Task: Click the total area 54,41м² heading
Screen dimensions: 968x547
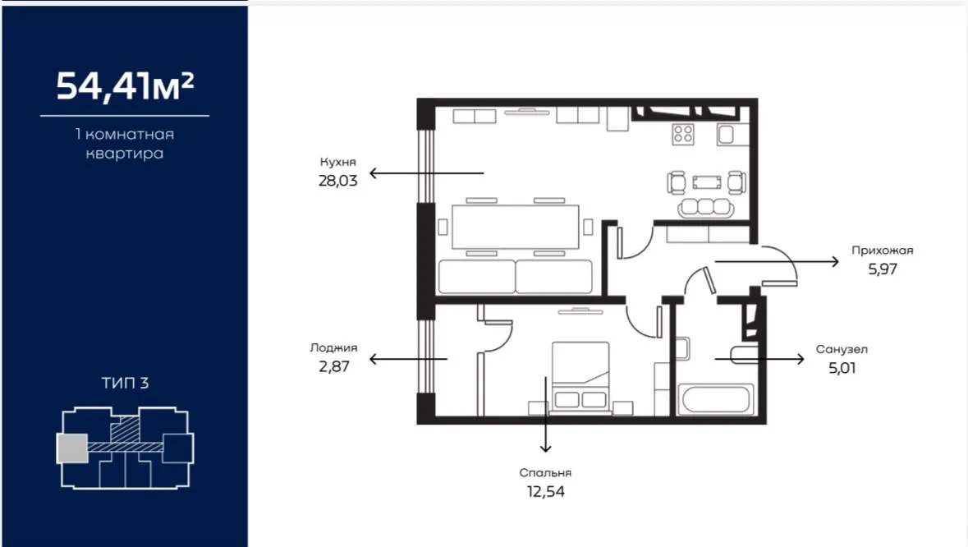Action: (x=125, y=85)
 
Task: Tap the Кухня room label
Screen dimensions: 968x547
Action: (x=337, y=162)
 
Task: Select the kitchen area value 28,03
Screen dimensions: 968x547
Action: (x=337, y=180)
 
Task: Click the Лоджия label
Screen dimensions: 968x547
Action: (x=333, y=347)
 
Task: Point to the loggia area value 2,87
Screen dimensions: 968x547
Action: (x=334, y=366)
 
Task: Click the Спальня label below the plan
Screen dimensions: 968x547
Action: (x=545, y=473)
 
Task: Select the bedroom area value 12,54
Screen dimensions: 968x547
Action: (x=545, y=491)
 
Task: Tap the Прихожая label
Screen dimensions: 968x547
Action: (x=882, y=250)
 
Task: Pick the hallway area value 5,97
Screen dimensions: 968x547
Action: (x=882, y=269)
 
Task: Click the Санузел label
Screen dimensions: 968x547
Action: (x=842, y=349)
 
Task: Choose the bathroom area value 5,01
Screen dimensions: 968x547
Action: (x=842, y=367)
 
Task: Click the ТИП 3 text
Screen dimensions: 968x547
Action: (x=125, y=383)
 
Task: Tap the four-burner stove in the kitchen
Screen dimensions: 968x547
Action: (x=683, y=134)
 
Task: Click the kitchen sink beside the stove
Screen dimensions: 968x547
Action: (x=725, y=135)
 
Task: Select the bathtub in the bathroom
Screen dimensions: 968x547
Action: (x=715, y=399)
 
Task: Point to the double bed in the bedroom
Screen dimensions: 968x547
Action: (x=580, y=376)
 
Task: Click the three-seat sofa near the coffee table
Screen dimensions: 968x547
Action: (x=706, y=207)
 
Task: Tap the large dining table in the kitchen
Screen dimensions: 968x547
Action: (x=516, y=227)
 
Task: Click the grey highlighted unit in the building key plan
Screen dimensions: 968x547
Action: (x=72, y=448)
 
